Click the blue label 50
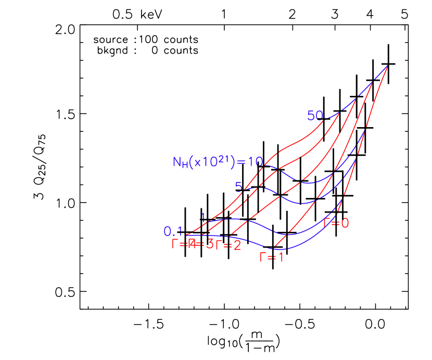[x=315, y=115]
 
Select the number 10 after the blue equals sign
[x=255, y=162]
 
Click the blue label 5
[x=238, y=187]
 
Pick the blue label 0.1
[x=173, y=231]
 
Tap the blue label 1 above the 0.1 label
[x=204, y=217]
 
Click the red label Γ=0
[x=336, y=223]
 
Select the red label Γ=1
[x=272, y=256]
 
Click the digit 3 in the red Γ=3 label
[x=210, y=244]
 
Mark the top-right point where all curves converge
[x=388, y=65]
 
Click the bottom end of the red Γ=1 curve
[x=274, y=249]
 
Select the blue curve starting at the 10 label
[x=307, y=183]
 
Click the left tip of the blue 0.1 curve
[x=185, y=235]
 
